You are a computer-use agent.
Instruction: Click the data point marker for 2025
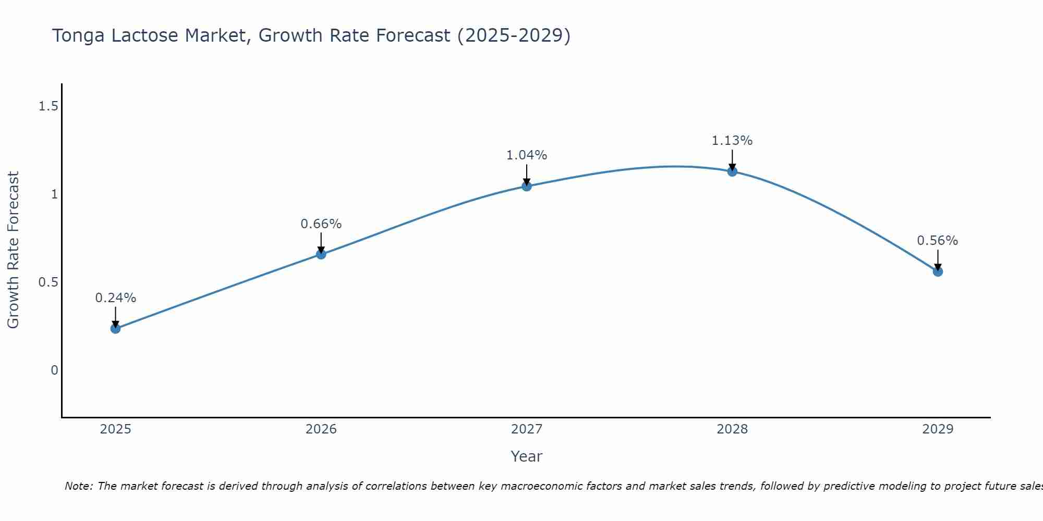point(116,328)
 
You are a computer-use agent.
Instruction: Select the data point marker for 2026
point(321,254)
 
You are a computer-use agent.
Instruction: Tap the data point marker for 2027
point(527,186)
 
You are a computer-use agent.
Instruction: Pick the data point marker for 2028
point(732,171)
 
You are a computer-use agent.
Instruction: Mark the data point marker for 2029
point(938,271)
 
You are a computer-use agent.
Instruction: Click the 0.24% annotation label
point(116,298)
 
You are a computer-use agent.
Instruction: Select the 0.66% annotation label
point(321,224)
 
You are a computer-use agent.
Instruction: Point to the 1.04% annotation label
point(527,155)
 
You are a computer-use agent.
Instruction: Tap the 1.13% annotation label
point(732,141)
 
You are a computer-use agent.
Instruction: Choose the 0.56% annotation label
point(938,241)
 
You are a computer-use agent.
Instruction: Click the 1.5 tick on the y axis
point(48,107)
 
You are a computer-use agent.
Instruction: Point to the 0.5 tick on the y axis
point(48,282)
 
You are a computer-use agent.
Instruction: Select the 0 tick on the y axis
point(54,370)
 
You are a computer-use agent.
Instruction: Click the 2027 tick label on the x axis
point(527,429)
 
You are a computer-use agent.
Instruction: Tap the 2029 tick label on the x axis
point(938,429)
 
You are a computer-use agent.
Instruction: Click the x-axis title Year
point(527,456)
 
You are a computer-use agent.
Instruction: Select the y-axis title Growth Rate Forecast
point(14,250)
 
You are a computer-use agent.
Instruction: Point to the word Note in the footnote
point(78,486)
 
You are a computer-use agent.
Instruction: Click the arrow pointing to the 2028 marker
point(732,160)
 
